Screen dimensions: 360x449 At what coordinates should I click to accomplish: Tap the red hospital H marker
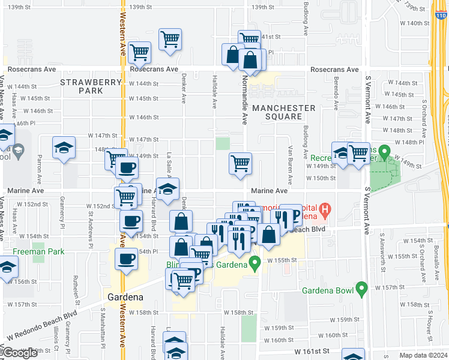tap(325, 210)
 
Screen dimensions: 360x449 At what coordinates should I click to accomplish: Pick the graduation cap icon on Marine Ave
tap(167, 188)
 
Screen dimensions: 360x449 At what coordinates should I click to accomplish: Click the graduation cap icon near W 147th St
tap(64, 148)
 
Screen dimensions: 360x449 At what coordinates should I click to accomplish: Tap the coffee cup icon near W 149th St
tap(127, 169)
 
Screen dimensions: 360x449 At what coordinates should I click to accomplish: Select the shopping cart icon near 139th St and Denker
tap(170, 40)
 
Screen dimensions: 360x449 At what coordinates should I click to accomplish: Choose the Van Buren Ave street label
tap(291, 165)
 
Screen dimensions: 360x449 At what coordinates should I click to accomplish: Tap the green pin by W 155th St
tap(255, 263)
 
